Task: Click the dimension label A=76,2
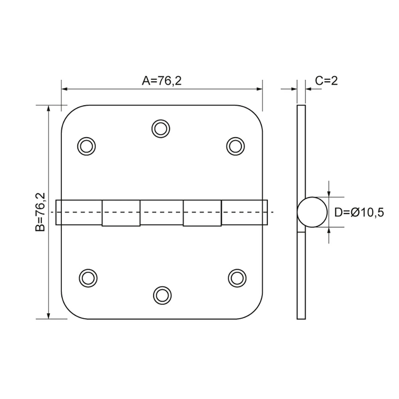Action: point(162,81)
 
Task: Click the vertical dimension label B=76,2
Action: point(40,212)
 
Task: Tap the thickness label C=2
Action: point(326,81)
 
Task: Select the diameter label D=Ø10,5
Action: point(359,212)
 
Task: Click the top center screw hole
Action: point(161,129)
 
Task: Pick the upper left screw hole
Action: point(87,146)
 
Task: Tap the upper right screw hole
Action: point(235,146)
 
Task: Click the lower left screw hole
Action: point(88,278)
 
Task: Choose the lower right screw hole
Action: point(237,278)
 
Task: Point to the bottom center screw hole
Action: point(162,295)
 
